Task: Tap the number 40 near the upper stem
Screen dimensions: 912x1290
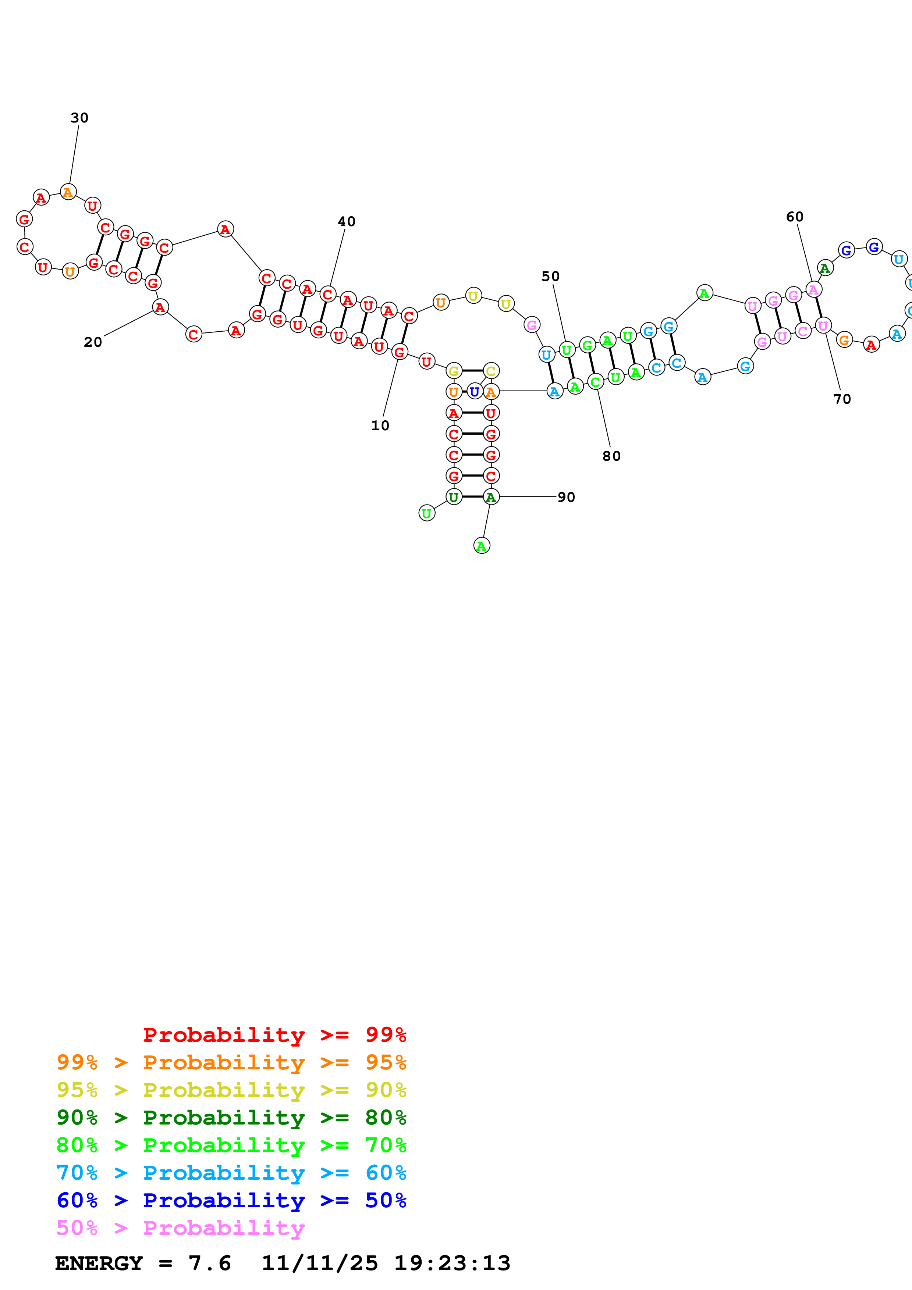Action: click(x=347, y=221)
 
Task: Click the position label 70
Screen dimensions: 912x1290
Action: click(x=842, y=399)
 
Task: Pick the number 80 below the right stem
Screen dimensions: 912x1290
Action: click(x=611, y=456)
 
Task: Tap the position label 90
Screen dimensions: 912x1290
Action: click(x=566, y=497)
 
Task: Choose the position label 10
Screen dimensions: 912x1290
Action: click(x=380, y=426)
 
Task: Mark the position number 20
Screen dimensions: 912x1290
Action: click(x=93, y=342)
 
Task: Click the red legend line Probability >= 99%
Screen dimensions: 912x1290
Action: click(x=274, y=1035)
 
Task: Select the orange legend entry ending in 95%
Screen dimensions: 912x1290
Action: click(x=231, y=1062)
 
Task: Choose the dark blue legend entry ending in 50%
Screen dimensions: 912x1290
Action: click(x=231, y=1200)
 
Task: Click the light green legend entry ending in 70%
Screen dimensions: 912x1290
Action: click(x=231, y=1145)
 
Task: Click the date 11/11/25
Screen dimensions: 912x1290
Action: click(x=320, y=1264)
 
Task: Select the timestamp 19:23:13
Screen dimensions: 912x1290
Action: click(x=452, y=1264)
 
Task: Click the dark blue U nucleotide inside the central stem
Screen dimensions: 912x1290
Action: click(x=474, y=392)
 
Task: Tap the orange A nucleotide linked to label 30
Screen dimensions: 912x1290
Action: click(x=68, y=193)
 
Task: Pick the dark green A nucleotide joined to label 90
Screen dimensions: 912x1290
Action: click(x=490, y=497)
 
